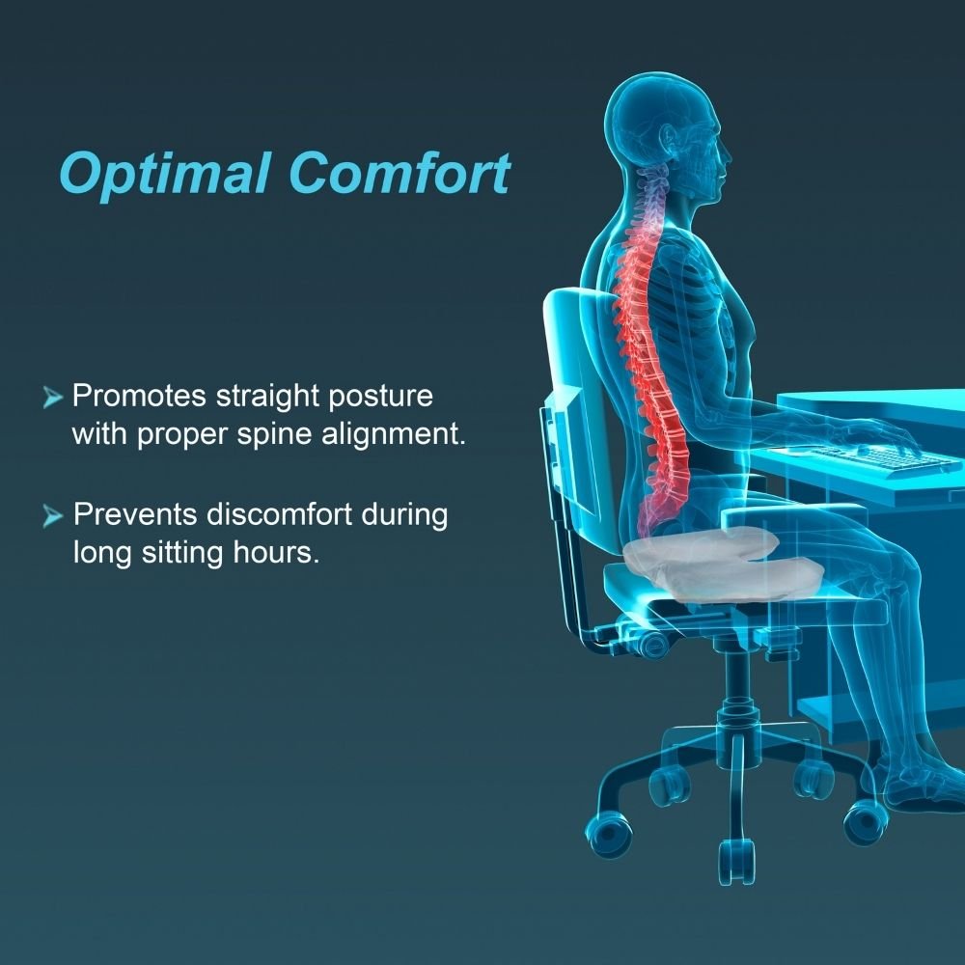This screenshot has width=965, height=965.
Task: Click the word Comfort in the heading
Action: point(399,175)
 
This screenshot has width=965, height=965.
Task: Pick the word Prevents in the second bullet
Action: point(136,514)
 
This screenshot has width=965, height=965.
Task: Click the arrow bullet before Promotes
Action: point(54,398)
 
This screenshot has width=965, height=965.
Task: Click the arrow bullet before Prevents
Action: point(54,516)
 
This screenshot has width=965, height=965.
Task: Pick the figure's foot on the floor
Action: point(922,786)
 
